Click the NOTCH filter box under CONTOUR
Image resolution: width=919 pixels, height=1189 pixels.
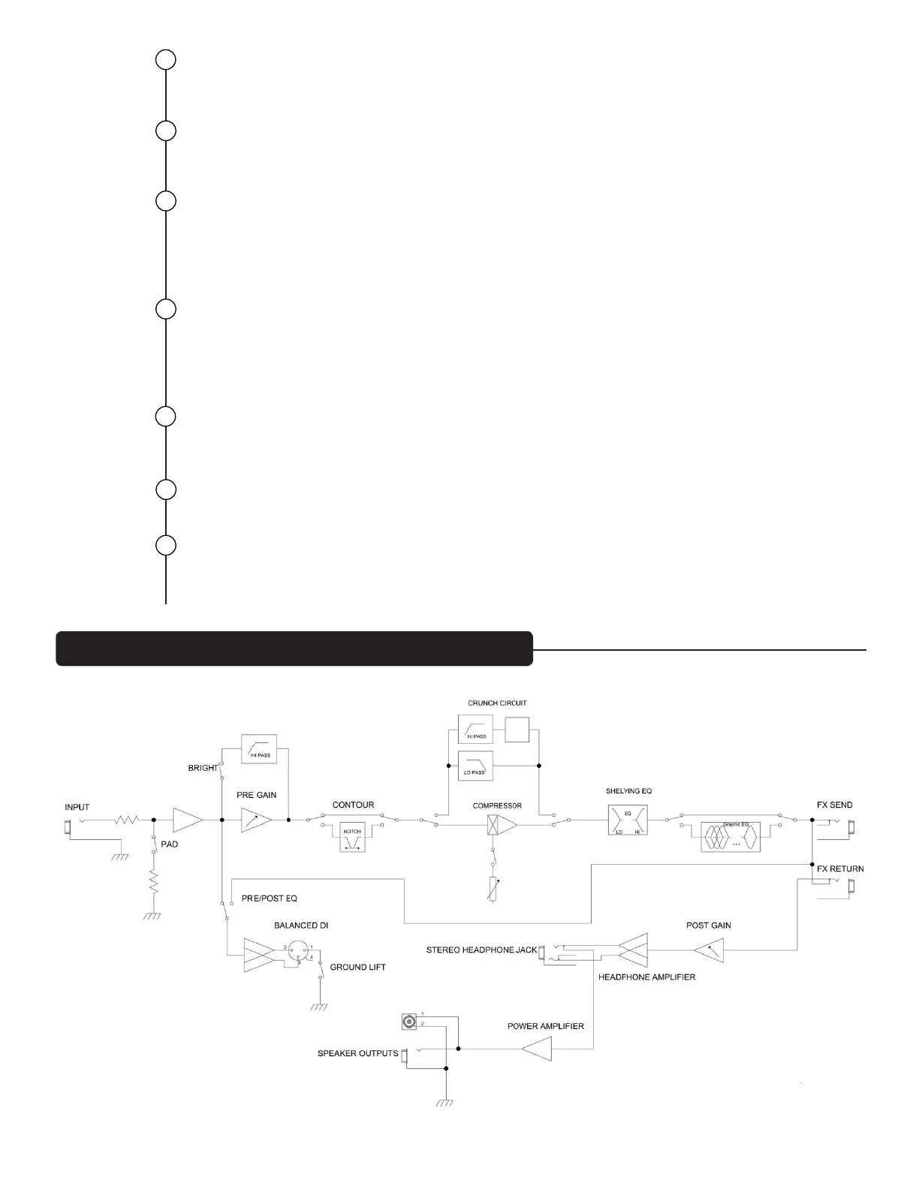pos(351,835)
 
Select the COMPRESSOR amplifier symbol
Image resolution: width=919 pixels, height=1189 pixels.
pos(502,826)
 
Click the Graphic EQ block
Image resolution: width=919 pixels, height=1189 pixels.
pos(730,836)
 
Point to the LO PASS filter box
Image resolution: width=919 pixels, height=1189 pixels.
pos(475,766)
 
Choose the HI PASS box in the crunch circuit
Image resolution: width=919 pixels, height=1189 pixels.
pos(475,729)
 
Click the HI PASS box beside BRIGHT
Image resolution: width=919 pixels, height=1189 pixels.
pos(258,748)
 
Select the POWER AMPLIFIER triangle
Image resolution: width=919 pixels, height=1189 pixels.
pos(537,1049)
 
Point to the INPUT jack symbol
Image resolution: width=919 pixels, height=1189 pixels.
pos(69,828)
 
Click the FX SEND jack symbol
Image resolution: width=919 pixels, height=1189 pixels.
pos(852,827)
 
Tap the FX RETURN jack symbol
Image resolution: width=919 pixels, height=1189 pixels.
pos(852,890)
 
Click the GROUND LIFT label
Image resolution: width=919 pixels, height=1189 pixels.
pos(357,967)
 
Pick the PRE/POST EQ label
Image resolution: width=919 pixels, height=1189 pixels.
pos(270,899)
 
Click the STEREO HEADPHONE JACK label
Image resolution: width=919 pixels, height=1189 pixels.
pos(481,950)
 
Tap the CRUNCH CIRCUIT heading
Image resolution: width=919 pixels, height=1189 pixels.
pos(497,703)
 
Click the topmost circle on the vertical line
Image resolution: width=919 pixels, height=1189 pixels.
pos(166,59)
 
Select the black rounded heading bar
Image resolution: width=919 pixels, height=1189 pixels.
pos(294,649)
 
